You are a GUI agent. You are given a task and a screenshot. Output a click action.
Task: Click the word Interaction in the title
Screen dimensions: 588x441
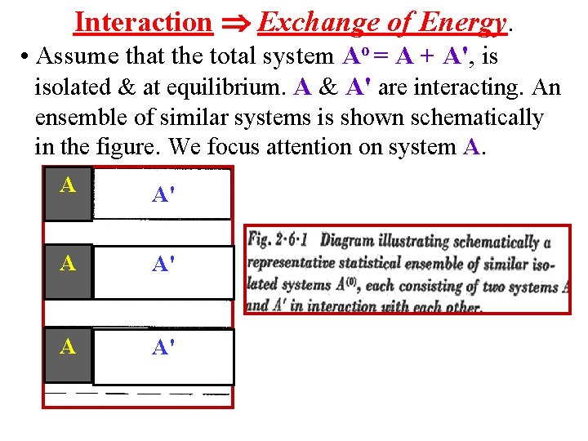(x=142, y=22)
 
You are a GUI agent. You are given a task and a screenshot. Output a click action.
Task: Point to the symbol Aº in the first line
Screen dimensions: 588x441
(x=353, y=56)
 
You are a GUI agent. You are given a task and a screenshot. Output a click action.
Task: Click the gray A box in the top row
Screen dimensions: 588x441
(x=68, y=193)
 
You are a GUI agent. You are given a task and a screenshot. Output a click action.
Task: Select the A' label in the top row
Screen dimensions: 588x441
(x=162, y=194)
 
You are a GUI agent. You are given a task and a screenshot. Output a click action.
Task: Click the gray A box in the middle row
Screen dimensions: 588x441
(x=68, y=270)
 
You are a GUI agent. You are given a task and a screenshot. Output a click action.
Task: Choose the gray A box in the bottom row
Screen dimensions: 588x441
(x=68, y=354)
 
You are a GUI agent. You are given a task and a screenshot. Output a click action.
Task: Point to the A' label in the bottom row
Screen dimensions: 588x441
(x=162, y=349)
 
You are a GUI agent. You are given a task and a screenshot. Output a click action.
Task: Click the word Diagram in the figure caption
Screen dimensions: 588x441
(x=352, y=241)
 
